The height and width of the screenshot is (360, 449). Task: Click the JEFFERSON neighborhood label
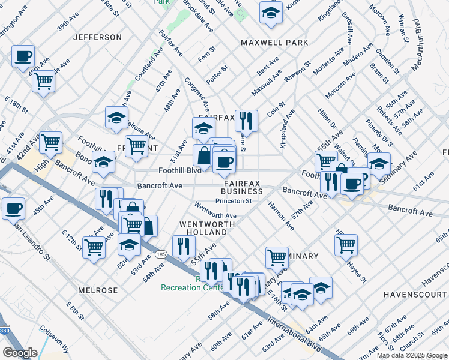(97, 37)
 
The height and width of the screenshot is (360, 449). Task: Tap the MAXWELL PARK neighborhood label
(274, 43)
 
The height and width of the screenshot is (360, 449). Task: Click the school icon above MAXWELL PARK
(271, 12)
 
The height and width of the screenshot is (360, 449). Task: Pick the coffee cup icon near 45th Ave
(13, 208)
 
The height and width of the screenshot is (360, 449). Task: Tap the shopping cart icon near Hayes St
(346, 244)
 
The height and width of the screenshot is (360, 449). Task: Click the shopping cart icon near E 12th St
(94, 247)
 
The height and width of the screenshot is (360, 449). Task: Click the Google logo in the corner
(20, 352)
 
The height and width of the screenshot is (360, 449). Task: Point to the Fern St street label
(208, 49)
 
